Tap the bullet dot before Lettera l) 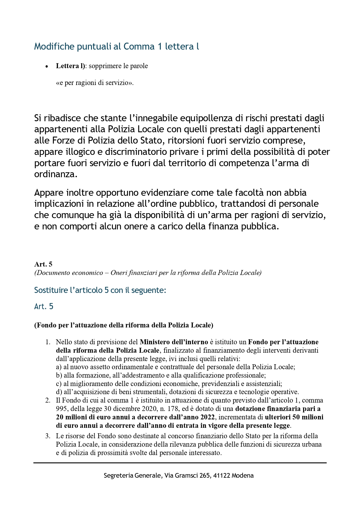(46, 67)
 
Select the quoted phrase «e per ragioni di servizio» (95, 83)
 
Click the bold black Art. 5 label (43, 264)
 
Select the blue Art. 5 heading (44, 307)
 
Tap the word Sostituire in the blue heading (51, 290)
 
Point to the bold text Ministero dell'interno (174, 342)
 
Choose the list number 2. (48, 401)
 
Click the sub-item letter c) (59, 384)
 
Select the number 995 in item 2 (61, 409)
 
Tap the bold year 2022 (207, 417)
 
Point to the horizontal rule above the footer (180, 463)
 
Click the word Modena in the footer (243, 476)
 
